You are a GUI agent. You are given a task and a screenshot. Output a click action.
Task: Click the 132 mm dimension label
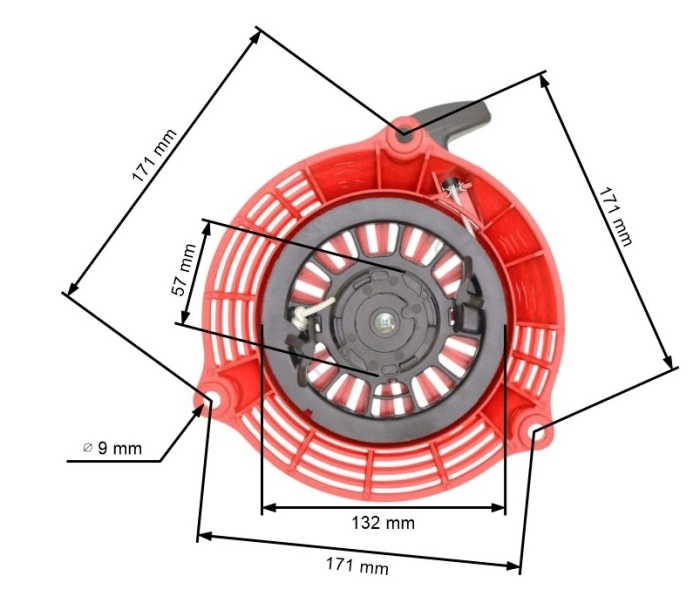(x=383, y=523)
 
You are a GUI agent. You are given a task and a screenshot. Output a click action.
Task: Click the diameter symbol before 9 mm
(x=88, y=447)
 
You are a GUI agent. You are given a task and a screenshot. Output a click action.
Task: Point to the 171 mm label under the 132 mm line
(x=357, y=566)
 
